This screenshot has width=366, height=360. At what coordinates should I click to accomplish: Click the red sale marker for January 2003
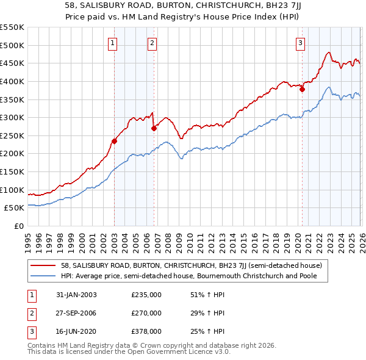(x=114, y=141)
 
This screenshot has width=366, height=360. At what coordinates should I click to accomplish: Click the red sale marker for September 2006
(x=154, y=128)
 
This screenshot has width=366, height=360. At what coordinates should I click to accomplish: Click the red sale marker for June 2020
(x=302, y=89)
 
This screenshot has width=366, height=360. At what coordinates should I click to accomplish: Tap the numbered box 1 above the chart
(x=114, y=43)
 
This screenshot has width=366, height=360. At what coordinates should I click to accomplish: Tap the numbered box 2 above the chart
(x=152, y=43)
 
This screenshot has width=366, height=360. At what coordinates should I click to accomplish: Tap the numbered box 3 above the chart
(x=301, y=43)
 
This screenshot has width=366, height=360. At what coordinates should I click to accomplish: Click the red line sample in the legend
(x=44, y=265)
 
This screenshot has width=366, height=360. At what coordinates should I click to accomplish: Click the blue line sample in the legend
(x=44, y=276)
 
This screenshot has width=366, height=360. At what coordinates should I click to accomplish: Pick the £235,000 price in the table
(x=146, y=295)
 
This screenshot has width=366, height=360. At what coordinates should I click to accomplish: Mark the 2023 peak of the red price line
(x=329, y=52)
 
